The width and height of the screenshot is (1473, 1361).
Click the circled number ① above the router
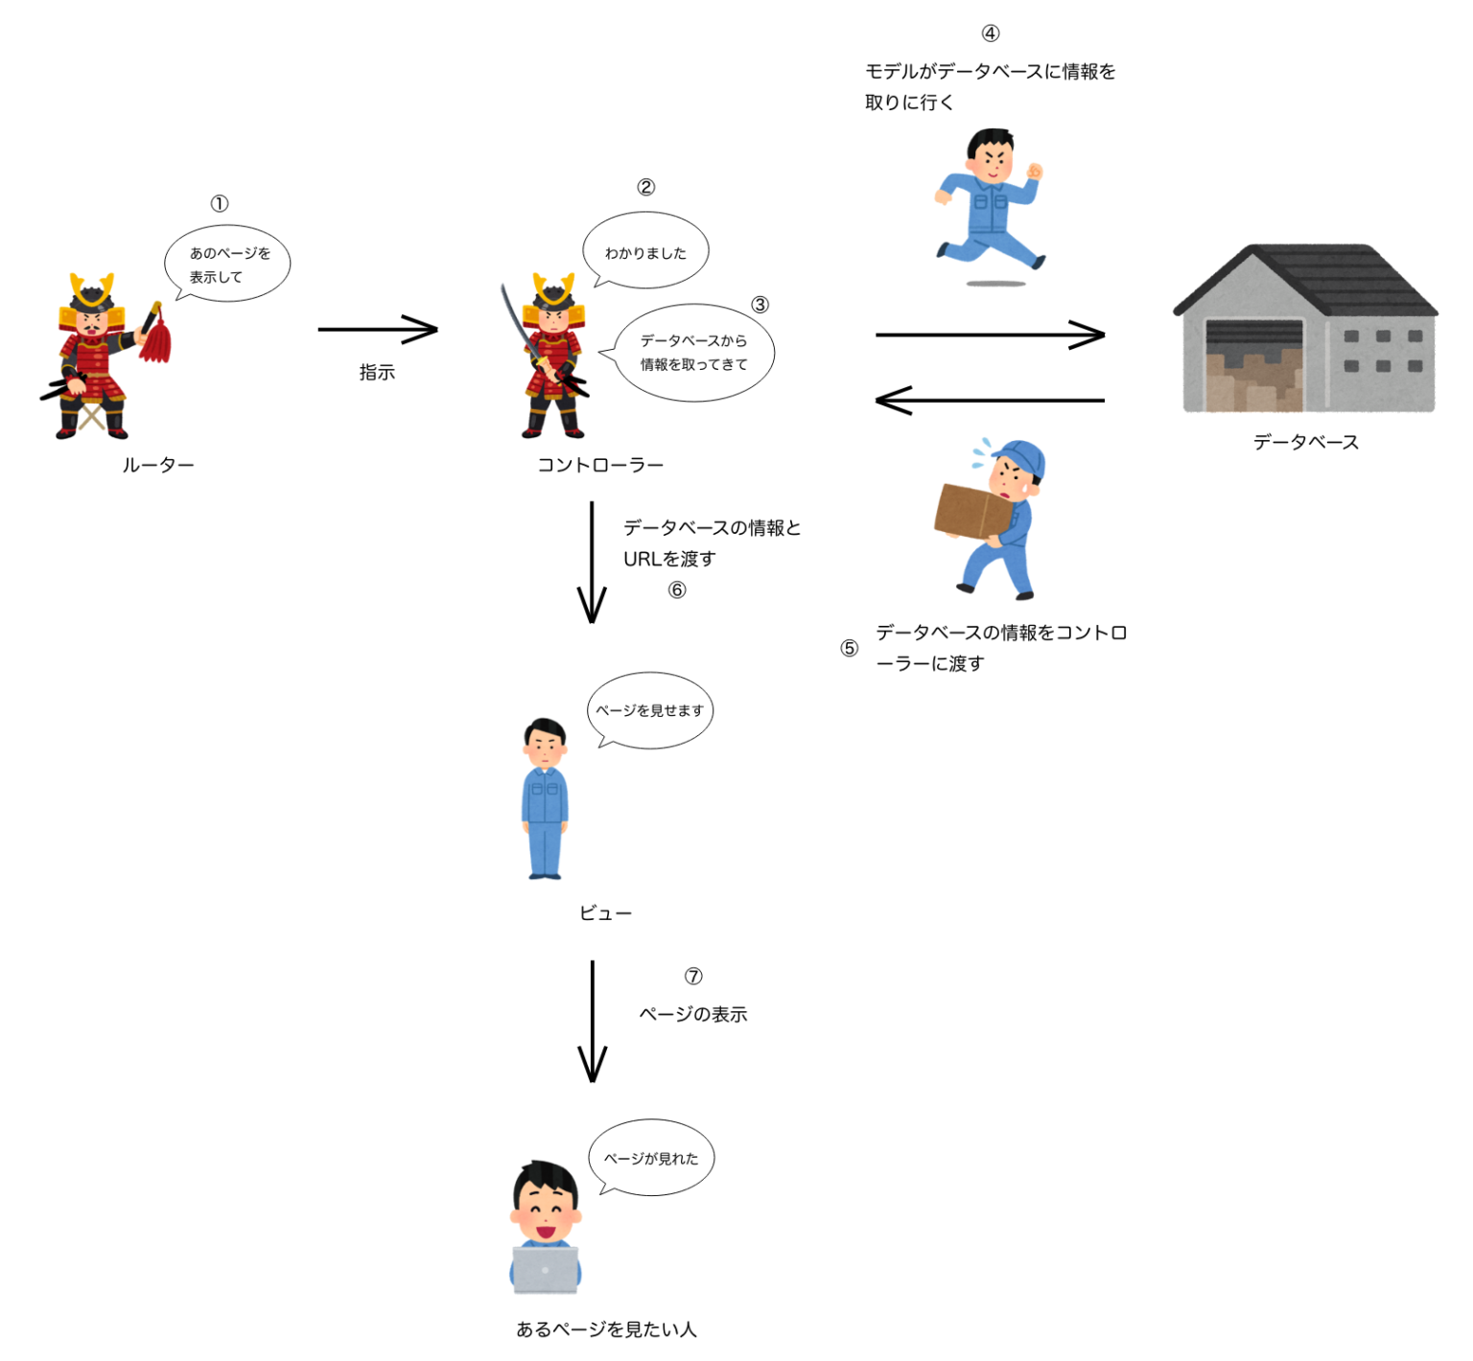pos(220,203)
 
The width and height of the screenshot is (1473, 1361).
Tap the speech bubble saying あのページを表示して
pos(228,265)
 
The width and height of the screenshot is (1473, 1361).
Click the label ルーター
pos(158,465)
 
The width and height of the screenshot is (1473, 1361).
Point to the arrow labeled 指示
pos(378,330)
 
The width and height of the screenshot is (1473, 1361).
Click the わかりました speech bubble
pos(645,251)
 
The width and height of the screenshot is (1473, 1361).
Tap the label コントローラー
pos(600,465)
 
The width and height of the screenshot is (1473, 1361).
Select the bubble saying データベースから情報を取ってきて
pos(693,353)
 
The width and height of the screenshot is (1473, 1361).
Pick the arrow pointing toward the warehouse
pos(990,334)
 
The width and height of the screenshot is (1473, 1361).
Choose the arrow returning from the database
pos(990,400)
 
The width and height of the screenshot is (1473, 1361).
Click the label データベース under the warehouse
pos(1305,442)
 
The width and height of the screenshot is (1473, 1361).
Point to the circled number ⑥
pos(677,589)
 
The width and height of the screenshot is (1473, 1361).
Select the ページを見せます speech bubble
pos(650,710)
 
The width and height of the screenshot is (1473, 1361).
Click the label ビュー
pos(605,913)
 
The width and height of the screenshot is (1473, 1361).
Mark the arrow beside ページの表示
pos(593,1021)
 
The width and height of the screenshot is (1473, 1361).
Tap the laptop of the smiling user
pos(546,1269)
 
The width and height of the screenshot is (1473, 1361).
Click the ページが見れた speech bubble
pos(651,1158)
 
